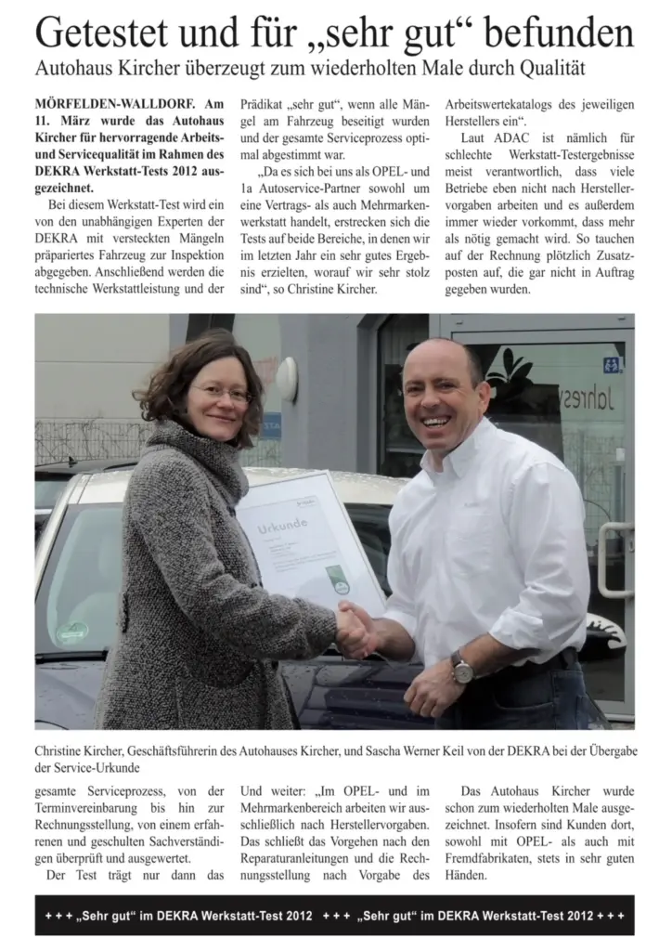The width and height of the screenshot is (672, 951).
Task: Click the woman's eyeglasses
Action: pyautogui.click(x=221, y=393)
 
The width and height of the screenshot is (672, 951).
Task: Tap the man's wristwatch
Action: pyautogui.click(x=461, y=666)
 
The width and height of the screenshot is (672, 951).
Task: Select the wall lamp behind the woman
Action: pyautogui.click(x=287, y=380)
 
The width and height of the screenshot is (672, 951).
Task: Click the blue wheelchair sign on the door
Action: pyautogui.click(x=612, y=365)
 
